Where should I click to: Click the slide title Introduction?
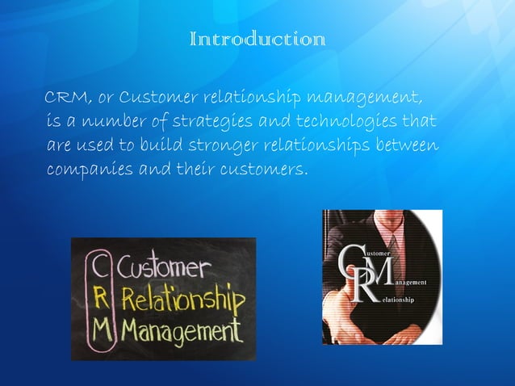pos(257,39)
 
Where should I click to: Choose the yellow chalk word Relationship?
pos(181,301)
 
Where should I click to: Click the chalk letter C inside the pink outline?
pos(99,267)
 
